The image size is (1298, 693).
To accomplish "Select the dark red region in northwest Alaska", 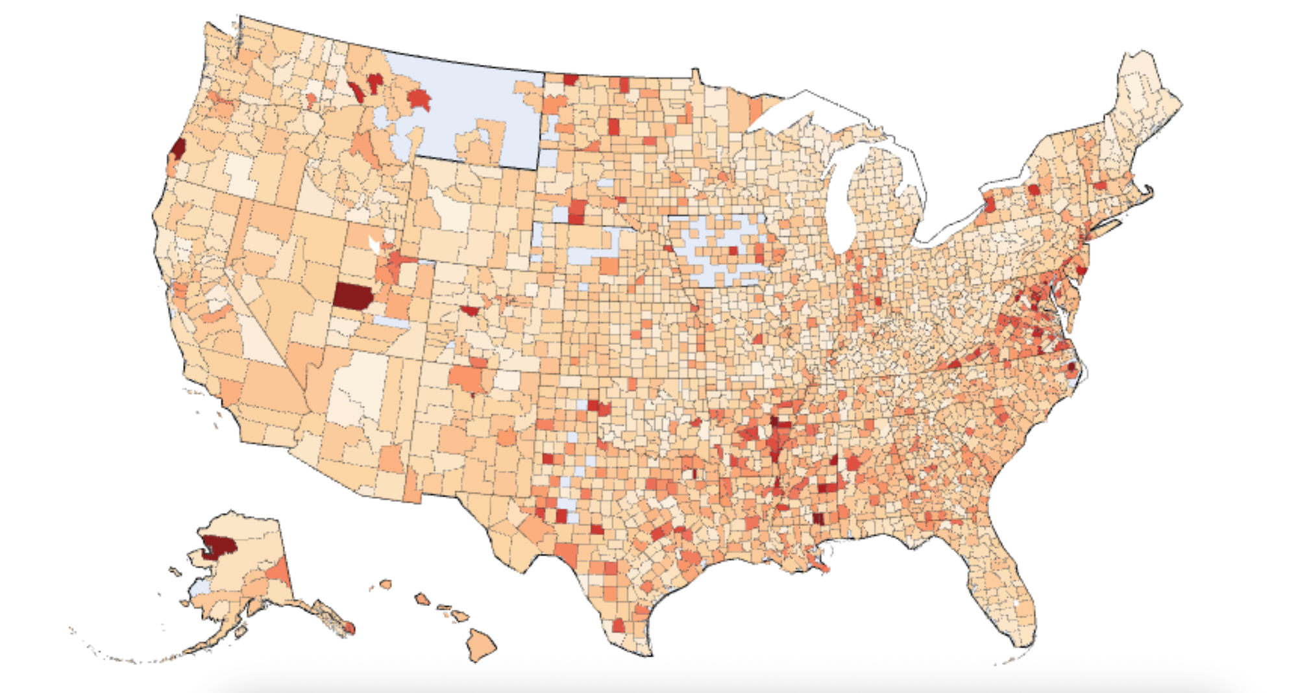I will point(219,546).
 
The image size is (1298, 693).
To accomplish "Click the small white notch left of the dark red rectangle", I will point(374,244).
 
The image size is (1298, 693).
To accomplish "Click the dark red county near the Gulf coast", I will point(820,519).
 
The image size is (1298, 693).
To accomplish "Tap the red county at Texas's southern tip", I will point(619,625).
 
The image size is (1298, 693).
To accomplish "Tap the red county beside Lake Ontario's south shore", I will point(990,207).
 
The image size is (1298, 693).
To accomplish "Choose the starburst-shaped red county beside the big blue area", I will point(419,100).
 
